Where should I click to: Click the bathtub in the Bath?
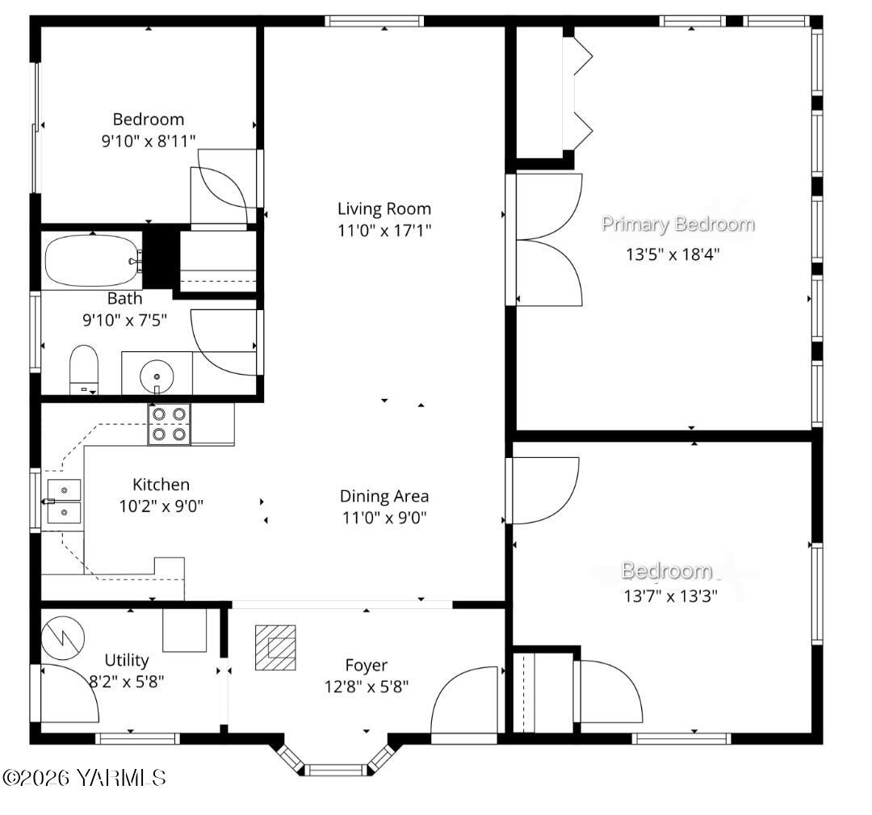point(91,260)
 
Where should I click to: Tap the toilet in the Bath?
point(83,368)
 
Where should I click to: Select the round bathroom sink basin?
point(156,376)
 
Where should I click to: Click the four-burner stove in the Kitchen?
point(169,424)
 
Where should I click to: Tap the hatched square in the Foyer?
point(275,647)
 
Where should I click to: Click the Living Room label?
point(384,208)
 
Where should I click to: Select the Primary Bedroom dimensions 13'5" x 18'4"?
point(672,254)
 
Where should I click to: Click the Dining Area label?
point(384,496)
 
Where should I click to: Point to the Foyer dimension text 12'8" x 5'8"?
point(366,687)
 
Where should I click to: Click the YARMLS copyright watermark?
point(84,778)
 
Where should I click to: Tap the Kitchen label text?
point(161,485)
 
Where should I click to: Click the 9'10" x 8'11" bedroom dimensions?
point(148,141)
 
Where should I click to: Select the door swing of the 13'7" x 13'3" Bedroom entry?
point(543,490)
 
